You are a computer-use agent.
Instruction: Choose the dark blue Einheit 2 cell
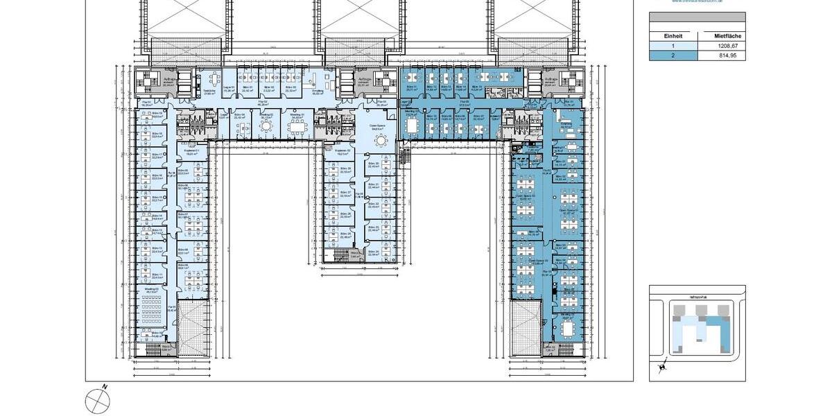point(673,55)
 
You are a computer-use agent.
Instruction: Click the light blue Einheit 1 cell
point(673,45)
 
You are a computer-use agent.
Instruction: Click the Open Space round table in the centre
point(379,139)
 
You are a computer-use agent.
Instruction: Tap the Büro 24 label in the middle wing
point(373,252)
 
